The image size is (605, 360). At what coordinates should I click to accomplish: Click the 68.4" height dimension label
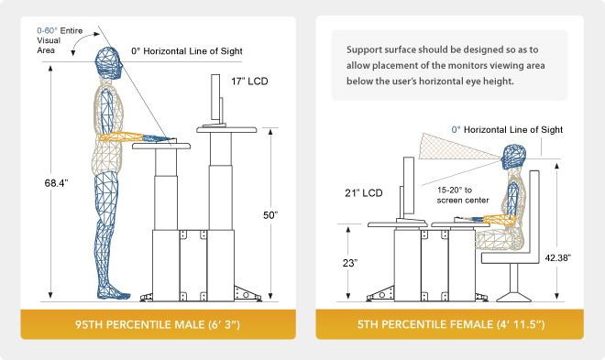point(56,183)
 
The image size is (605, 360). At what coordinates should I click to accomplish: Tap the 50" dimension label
point(270,215)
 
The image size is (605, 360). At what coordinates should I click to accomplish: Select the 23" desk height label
point(350,263)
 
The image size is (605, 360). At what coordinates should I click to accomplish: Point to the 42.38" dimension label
point(558,257)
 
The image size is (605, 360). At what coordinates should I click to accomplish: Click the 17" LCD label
point(249,82)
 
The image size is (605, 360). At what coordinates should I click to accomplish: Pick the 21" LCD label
point(364,192)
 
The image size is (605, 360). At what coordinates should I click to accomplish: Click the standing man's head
point(109,63)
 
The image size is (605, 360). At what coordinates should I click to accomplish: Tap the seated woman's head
point(513,157)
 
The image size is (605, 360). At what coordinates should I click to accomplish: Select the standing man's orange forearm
point(122,137)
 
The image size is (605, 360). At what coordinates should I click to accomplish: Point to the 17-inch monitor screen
point(215,97)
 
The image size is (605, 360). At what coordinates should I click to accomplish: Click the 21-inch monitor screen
point(409,186)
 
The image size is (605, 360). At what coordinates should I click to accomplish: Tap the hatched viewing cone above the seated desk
point(456,147)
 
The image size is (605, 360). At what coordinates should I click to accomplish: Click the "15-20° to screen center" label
point(463,195)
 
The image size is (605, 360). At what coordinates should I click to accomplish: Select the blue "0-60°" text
point(47,30)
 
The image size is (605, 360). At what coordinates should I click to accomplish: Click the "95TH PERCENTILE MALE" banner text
point(158,324)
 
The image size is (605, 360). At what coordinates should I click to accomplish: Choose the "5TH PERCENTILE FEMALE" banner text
point(451,324)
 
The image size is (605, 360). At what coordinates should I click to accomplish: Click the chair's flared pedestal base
point(513,297)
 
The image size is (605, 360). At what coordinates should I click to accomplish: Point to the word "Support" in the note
point(361,50)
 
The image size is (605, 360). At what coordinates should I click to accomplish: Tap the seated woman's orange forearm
point(500,219)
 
